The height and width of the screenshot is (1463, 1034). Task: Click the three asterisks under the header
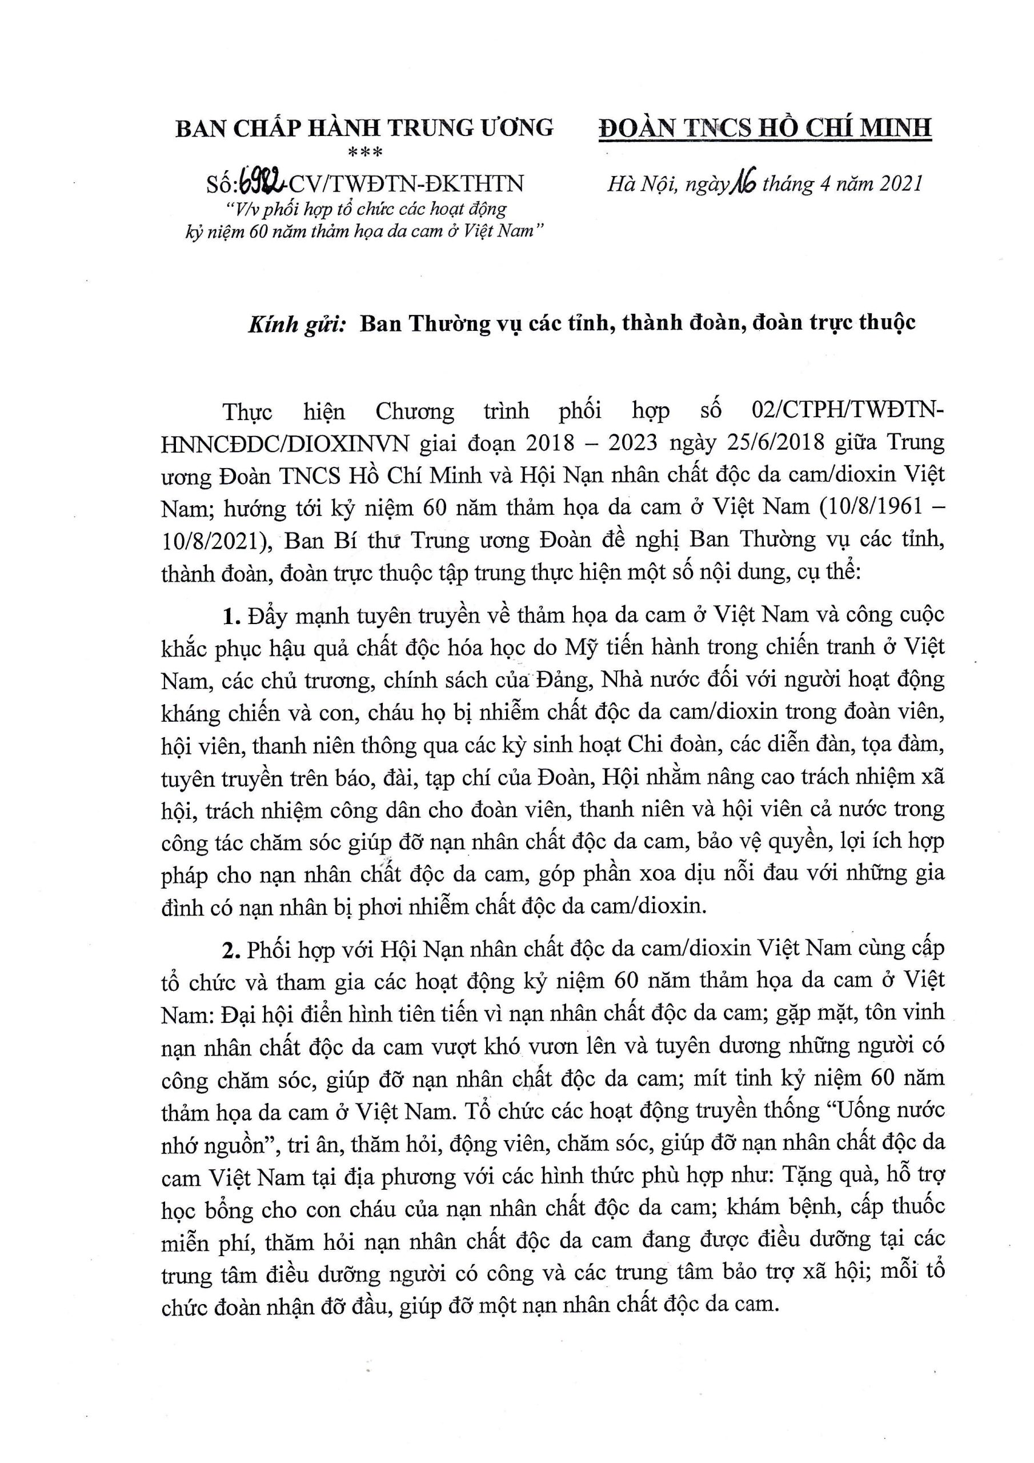pyautogui.click(x=364, y=152)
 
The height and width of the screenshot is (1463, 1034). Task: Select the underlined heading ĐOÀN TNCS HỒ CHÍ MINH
pyautogui.click(x=764, y=127)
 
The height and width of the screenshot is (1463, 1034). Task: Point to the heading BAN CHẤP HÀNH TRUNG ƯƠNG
pyautogui.click(x=364, y=128)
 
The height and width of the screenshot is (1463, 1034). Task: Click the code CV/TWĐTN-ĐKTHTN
pyautogui.click(x=407, y=183)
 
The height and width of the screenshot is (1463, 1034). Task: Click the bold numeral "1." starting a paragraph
pyautogui.click(x=231, y=615)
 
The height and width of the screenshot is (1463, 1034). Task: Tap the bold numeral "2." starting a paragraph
pyautogui.click(x=231, y=949)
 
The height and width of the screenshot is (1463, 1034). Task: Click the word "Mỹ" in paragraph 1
pyautogui.click(x=580, y=647)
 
